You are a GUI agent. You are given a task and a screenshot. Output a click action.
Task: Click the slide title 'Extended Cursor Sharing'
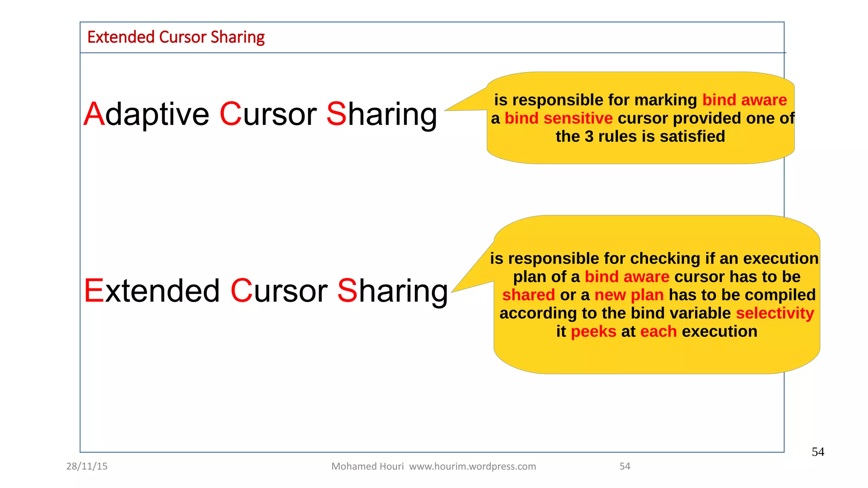[176, 37]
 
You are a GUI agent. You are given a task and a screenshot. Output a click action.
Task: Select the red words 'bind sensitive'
[559, 118]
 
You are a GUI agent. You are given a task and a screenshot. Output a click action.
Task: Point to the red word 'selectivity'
[775, 313]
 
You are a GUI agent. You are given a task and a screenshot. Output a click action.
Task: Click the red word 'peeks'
[593, 331]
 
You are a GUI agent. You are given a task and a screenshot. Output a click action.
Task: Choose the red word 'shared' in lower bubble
[529, 295]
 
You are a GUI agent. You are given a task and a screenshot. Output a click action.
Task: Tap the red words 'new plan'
[629, 295]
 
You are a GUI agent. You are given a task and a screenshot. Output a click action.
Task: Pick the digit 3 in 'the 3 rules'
[589, 136]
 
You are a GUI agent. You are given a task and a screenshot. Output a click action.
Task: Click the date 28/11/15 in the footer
[87, 466]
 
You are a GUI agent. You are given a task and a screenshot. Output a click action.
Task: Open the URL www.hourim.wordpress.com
[473, 466]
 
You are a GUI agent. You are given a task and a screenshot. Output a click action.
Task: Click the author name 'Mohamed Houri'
[367, 466]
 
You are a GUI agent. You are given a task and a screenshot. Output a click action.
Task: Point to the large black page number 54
[818, 452]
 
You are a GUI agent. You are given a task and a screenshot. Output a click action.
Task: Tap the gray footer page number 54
[625, 466]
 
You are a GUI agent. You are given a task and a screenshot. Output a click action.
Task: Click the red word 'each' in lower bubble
[659, 331]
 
